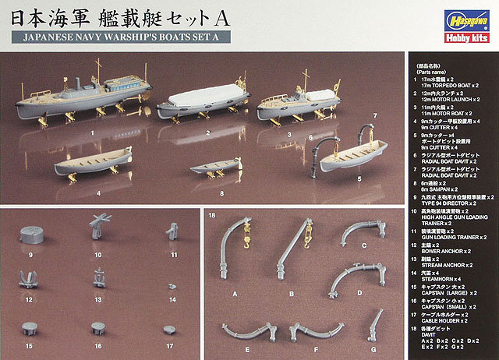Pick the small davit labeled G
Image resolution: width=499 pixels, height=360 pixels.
coord(374,323)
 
